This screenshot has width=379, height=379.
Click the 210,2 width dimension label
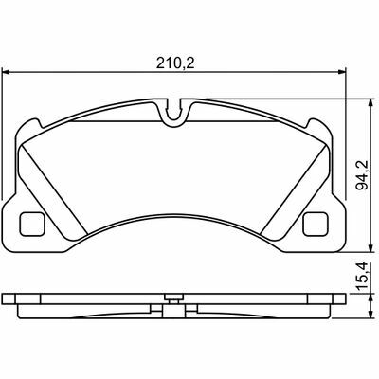(x=175, y=63)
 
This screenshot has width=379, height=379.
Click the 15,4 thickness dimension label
(x=362, y=277)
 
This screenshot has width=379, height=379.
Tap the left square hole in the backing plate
(x=31, y=224)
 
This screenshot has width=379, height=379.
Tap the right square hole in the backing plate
(x=315, y=224)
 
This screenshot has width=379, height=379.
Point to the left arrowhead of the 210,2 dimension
(x=7, y=72)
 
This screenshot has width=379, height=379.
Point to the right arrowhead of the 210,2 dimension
(x=342, y=72)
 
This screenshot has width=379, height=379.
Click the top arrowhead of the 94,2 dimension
(x=370, y=103)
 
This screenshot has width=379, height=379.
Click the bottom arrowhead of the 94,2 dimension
(x=370, y=247)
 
